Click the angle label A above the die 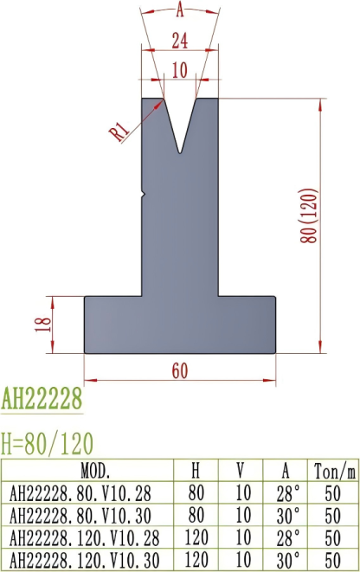click(x=180, y=11)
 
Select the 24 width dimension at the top click(x=180, y=40)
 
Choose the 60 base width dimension click(x=180, y=370)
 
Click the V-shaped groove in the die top click(x=180, y=125)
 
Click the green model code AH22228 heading click(x=42, y=400)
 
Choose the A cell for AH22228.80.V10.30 click(x=286, y=514)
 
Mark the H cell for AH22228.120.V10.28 click(x=196, y=536)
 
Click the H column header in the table click(x=196, y=472)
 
